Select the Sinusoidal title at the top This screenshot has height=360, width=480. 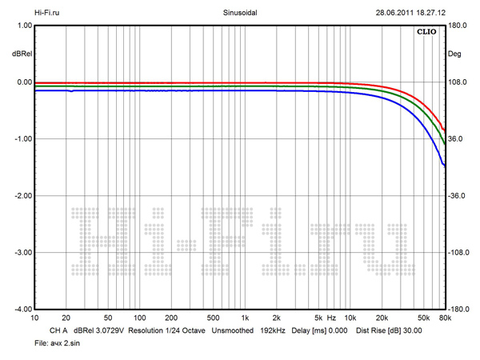[x=239, y=12]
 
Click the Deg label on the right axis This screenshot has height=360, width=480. [x=456, y=54]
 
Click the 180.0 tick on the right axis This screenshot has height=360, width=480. [x=458, y=26]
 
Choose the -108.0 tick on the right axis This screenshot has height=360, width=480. [x=458, y=253]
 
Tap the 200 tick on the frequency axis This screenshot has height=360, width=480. [x=170, y=318]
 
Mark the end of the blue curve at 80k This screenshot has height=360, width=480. [x=445, y=166]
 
